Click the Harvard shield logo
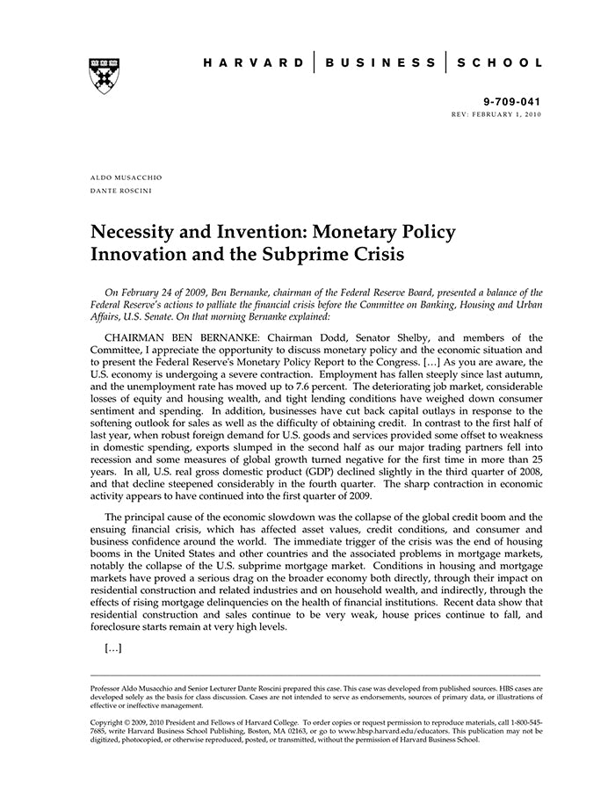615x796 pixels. [x=104, y=76]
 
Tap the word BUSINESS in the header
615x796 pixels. [x=380, y=63]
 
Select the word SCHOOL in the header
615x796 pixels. [x=498, y=63]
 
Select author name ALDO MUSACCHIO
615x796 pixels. [x=127, y=177]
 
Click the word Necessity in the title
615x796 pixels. [x=135, y=233]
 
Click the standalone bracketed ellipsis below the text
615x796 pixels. [x=112, y=648]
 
